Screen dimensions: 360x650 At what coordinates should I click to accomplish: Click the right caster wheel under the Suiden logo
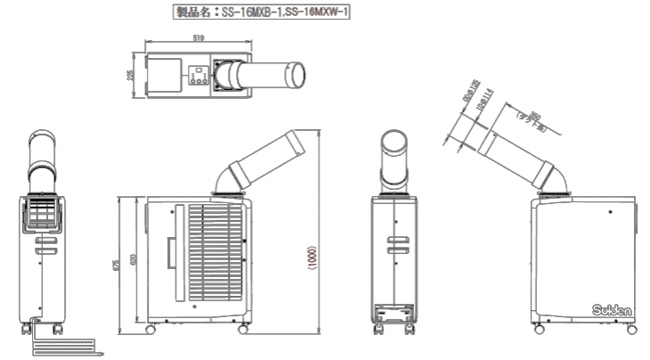[x=633, y=330]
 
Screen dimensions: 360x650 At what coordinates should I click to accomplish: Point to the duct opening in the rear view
[x=394, y=146]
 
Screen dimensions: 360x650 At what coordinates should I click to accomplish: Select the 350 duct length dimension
[x=533, y=120]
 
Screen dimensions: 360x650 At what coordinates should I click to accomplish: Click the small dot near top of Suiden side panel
[x=613, y=212]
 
